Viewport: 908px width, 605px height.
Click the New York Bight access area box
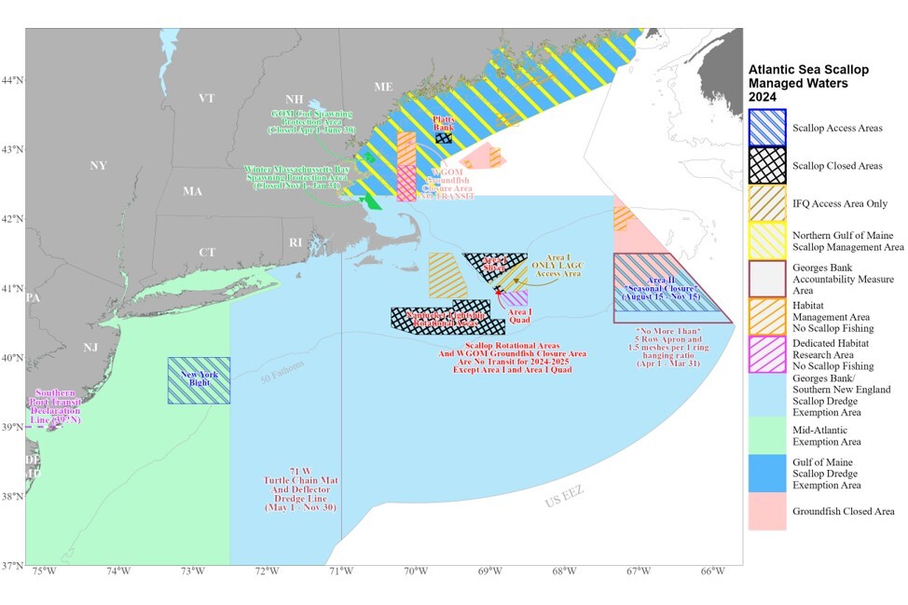pyautogui.click(x=199, y=380)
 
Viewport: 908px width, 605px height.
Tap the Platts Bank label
pyautogui.click(x=444, y=123)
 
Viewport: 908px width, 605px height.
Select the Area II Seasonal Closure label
pyautogui.click(x=672, y=289)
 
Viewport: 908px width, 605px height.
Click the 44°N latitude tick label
pyautogui.click(x=12, y=79)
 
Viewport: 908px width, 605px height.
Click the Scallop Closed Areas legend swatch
pyautogui.click(x=767, y=166)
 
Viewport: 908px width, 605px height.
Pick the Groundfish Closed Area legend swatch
pyautogui.click(x=767, y=511)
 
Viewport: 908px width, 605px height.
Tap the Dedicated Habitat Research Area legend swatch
pyautogui.click(x=767, y=354)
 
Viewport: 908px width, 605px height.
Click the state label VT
pyautogui.click(x=207, y=98)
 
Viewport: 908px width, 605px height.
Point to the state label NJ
pyautogui.click(x=90, y=347)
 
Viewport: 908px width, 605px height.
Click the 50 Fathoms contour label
pyautogui.click(x=284, y=373)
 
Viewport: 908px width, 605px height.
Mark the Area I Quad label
pyautogui.click(x=520, y=316)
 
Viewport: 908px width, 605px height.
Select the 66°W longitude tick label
pyautogui.click(x=713, y=571)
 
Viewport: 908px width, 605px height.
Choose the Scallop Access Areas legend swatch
pyautogui.click(x=767, y=128)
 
